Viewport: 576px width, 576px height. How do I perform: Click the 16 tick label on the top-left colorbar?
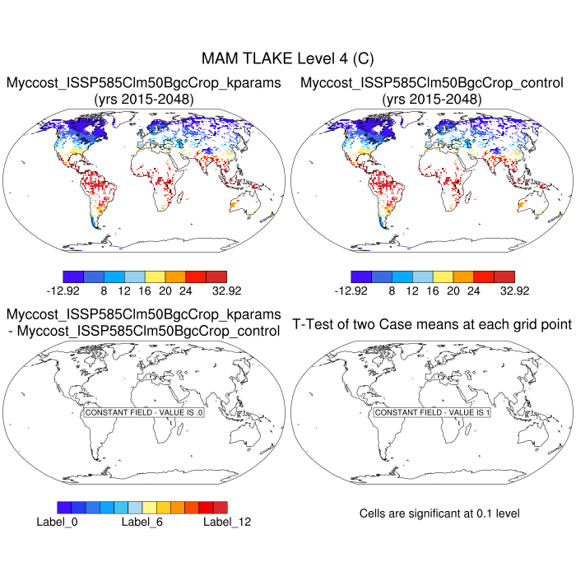point(145,290)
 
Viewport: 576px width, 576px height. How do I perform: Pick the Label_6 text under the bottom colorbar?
point(144,521)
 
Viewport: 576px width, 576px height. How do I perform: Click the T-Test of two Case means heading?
point(432,324)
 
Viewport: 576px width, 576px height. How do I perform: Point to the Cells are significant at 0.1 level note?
point(439,513)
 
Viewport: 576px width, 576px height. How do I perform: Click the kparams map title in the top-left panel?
point(144,83)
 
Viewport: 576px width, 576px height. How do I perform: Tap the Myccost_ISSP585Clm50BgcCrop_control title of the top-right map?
point(432,83)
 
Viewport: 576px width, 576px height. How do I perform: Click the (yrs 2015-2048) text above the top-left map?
point(144,100)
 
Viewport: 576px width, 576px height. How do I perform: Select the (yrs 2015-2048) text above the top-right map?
point(432,100)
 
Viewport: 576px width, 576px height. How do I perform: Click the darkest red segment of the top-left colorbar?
point(216,276)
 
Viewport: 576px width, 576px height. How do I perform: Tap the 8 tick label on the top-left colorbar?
point(104,290)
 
